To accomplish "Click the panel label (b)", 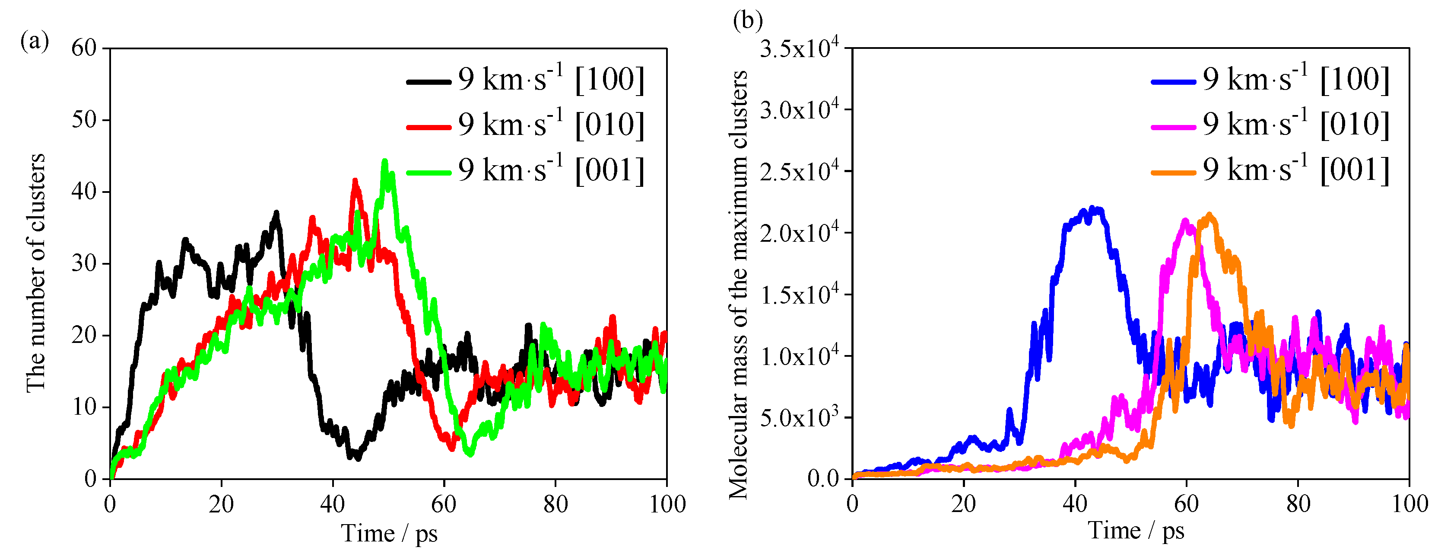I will [x=747, y=21].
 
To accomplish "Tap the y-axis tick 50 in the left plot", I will [x=84, y=119].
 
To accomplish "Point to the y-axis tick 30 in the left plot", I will [x=84, y=263].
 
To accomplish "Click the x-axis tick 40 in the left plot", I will [x=332, y=505].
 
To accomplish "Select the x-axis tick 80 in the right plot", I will [x=1298, y=505].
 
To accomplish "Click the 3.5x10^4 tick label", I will [x=800, y=48].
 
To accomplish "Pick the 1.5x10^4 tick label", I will [x=800, y=295].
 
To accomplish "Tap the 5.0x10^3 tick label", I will [x=800, y=417].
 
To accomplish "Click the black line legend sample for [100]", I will [x=428, y=82].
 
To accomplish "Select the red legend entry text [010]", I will [x=552, y=124].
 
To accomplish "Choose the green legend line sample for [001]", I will [x=428, y=173].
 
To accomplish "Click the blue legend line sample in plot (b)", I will [x=1173, y=82].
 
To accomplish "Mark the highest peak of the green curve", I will [x=384, y=161].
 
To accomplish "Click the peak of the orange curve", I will [x=1209, y=214].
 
